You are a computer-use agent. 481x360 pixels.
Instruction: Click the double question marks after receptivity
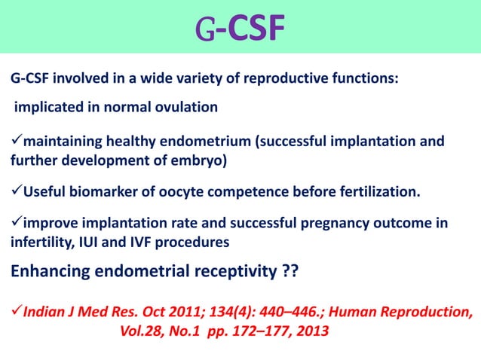tap(290, 270)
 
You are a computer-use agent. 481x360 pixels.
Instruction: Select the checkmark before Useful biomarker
tap(16, 192)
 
